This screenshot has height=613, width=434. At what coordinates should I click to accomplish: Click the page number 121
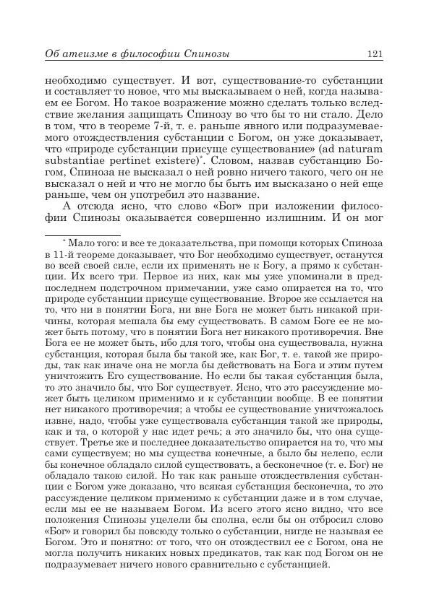tap(375, 55)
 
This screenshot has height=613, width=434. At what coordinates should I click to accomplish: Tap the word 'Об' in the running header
tap(53, 55)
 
